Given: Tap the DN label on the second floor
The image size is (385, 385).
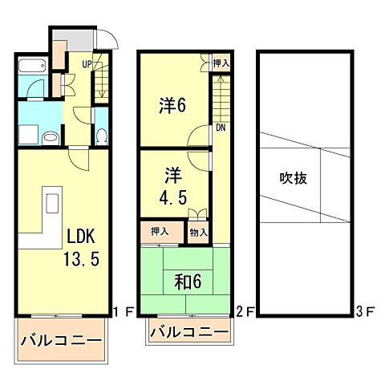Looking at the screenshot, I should click(218, 128).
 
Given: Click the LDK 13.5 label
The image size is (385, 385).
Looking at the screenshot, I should click(83, 249).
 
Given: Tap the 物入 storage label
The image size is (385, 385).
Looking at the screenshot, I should click(199, 233).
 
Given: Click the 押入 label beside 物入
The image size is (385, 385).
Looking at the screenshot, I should click(160, 232).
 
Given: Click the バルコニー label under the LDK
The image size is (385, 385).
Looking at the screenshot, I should click(62, 341).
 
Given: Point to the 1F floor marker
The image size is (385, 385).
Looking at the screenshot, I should click(120, 310).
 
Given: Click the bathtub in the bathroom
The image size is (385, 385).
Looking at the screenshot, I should click(31, 67).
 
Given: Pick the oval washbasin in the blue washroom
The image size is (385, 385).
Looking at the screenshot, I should click(50, 137).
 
